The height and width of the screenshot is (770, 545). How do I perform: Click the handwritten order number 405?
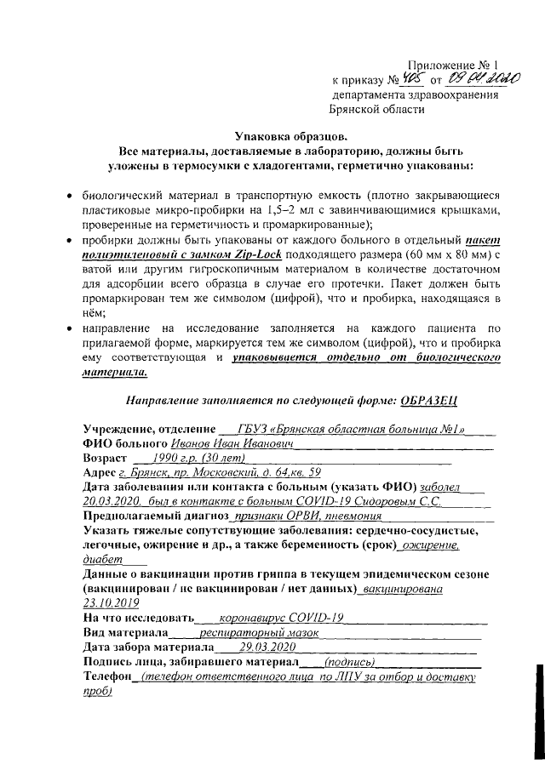tap(410, 80)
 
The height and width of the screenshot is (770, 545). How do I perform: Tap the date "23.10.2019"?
tap(111, 602)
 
